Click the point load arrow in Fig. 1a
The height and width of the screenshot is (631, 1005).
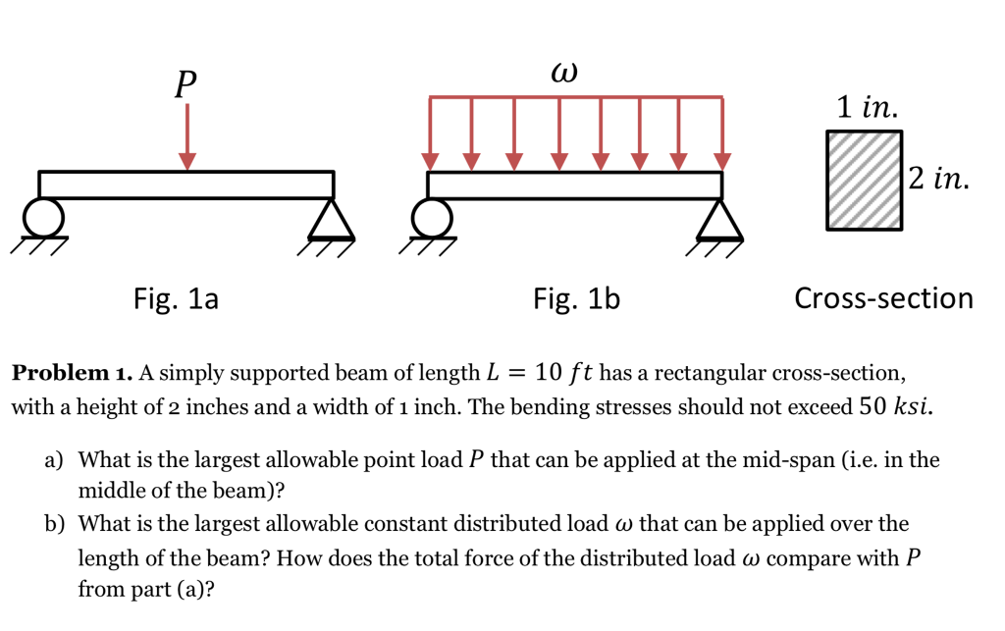tap(186, 137)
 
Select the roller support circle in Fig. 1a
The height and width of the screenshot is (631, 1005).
tap(43, 216)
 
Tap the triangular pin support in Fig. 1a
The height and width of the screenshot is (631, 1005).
tap(330, 220)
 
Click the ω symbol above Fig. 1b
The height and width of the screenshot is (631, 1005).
tap(564, 73)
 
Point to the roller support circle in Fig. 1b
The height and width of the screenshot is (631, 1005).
tap(432, 216)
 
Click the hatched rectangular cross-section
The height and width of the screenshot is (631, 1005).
tap(864, 180)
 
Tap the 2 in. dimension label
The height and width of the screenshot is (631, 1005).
tap(938, 179)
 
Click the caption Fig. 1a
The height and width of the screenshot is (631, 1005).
tap(176, 298)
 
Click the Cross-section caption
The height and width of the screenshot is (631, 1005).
tap(883, 298)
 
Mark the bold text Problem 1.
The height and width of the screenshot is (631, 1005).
tap(71, 374)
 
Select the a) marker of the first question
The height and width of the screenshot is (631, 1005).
tap(53, 459)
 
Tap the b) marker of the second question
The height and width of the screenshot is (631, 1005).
tap(53, 524)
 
